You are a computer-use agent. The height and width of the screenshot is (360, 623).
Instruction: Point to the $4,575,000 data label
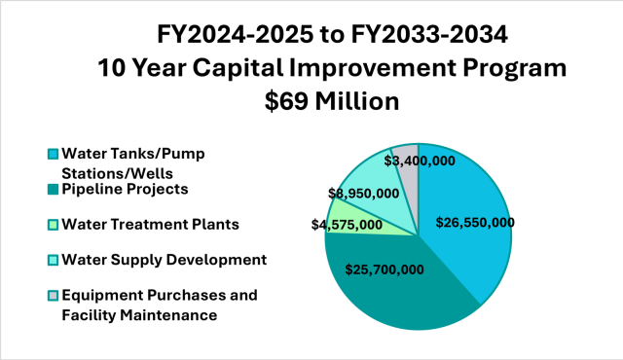pos(346,225)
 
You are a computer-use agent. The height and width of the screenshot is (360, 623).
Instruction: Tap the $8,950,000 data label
pos(363,193)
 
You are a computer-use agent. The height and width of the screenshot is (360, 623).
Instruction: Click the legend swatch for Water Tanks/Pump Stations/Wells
pos(53,154)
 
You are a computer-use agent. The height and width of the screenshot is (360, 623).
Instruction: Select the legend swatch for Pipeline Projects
pos(53,189)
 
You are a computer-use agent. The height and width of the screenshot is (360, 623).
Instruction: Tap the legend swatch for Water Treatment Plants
pos(53,225)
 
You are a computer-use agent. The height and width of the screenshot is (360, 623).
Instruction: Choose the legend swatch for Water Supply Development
pos(53,260)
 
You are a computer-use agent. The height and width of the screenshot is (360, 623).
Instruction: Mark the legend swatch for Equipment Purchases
pos(53,296)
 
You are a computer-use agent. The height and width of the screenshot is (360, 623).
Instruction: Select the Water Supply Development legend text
pos(164,260)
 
